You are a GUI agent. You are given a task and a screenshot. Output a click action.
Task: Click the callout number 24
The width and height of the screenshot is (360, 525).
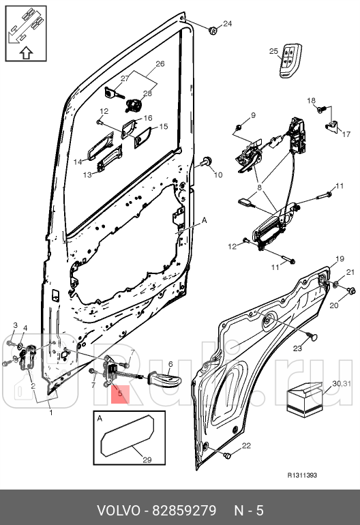pyautogui.click(x=228, y=24)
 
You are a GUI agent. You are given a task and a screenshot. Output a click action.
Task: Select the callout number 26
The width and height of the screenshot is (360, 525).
pyautogui.click(x=160, y=64)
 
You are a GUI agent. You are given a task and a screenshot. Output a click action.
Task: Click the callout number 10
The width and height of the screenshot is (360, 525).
pyautogui.click(x=218, y=175)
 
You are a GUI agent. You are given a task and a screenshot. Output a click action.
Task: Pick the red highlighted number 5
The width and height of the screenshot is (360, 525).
pyautogui.click(x=119, y=393)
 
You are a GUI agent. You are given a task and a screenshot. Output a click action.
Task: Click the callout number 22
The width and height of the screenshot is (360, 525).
pyautogui.click(x=246, y=446)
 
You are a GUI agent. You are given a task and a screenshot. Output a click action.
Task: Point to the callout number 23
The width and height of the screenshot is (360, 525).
pyautogui.click(x=297, y=348)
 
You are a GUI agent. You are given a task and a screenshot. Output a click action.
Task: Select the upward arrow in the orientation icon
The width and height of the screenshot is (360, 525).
pyautogui.click(x=25, y=50)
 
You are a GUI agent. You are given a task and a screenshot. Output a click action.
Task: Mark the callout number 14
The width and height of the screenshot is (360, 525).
pyautogui.click(x=78, y=162)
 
